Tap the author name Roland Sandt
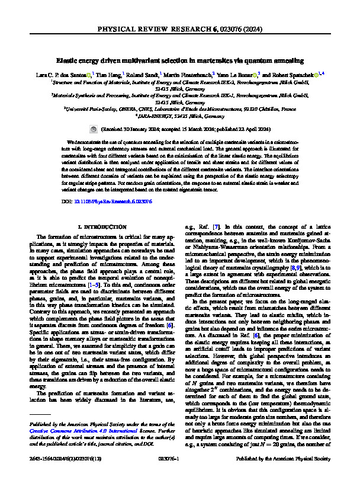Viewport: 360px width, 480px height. [x=142, y=76]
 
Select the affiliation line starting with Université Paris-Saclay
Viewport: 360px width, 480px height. [x=180, y=110]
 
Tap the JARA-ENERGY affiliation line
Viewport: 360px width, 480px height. [x=180, y=117]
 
